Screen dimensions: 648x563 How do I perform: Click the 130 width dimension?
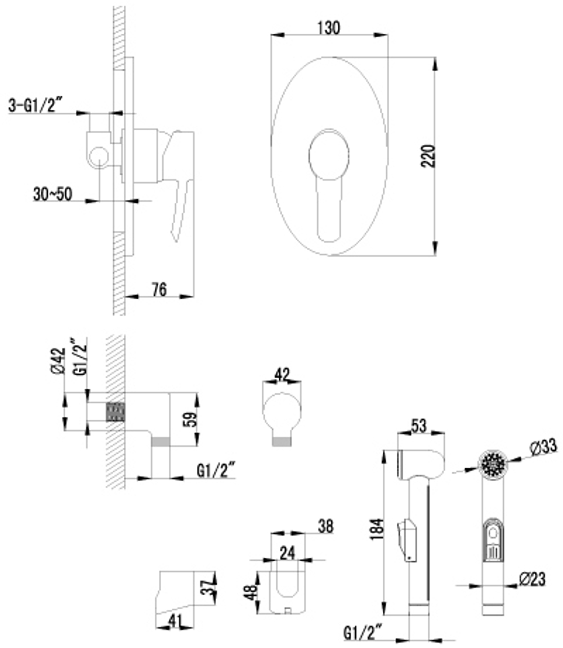tap(329, 28)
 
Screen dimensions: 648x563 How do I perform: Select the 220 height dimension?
tap(428, 156)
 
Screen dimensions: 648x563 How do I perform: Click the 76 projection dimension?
tap(159, 289)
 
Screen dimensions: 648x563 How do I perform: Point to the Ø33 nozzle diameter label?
tap(543, 446)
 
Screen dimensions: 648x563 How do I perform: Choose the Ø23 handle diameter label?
tap(532, 579)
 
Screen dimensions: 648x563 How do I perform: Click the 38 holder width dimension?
tap(325, 526)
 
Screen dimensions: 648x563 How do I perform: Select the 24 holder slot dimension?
tap(288, 553)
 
